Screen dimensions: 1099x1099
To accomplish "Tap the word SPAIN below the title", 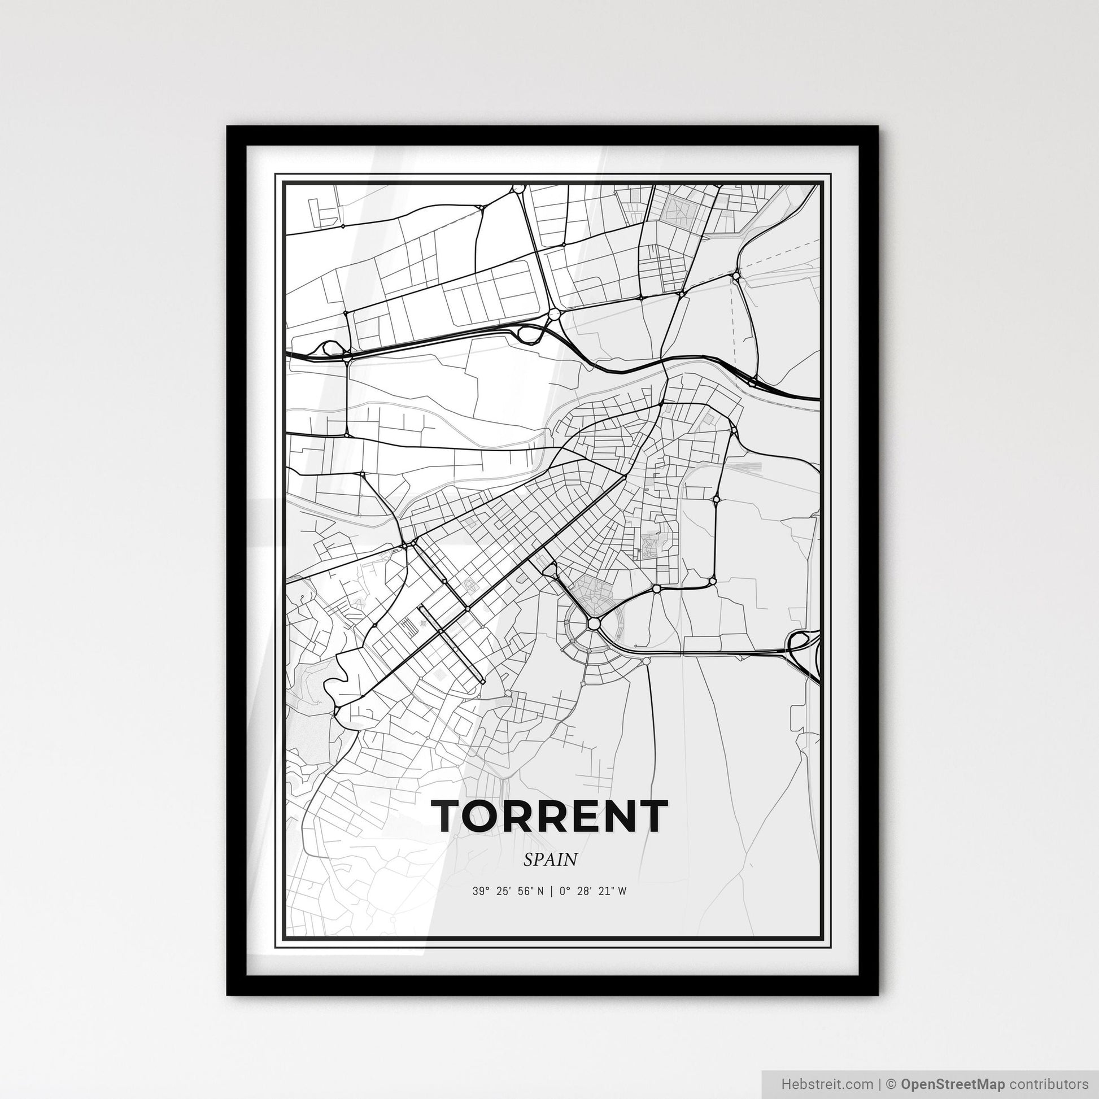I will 550,860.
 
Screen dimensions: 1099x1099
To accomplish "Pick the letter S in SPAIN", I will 529,860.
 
